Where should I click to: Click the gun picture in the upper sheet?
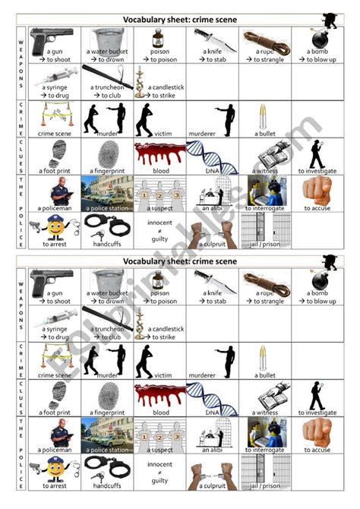tap(54, 37)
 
